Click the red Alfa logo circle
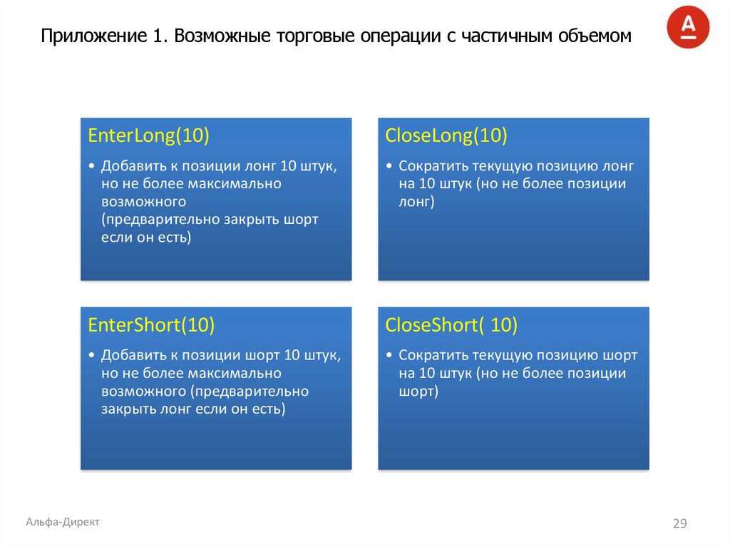tap(688, 27)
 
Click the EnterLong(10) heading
tap(148, 136)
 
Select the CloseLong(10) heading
tap(446, 136)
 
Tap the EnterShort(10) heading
tap(151, 325)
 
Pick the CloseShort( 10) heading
tap(451, 325)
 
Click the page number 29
tap(679, 524)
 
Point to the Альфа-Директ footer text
tap(63, 522)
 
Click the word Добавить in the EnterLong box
tap(133, 166)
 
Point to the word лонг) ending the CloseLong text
tap(416, 202)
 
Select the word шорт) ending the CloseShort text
tap(418, 392)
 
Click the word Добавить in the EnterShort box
tap(133, 355)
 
